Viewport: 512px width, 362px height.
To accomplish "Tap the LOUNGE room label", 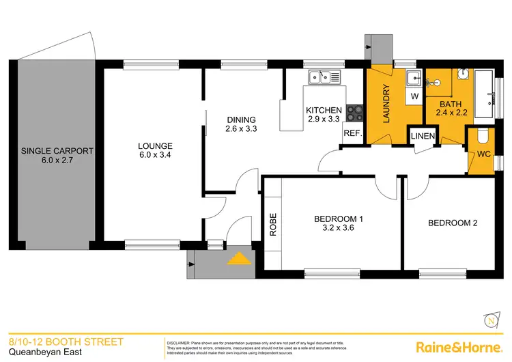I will tap(155, 145).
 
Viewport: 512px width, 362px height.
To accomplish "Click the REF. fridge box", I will tap(352, 133).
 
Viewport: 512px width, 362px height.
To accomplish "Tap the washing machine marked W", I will tap(413, 97).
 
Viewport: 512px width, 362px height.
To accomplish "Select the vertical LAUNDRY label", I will tap(386, 104).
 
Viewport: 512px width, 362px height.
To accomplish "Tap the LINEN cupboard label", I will tap(423, 137).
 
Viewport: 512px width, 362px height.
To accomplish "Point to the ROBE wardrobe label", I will tap(273, 226).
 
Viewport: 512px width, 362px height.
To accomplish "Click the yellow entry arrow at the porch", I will tap(238, 259).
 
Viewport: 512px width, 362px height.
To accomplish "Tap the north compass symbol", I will tap(491, 318).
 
